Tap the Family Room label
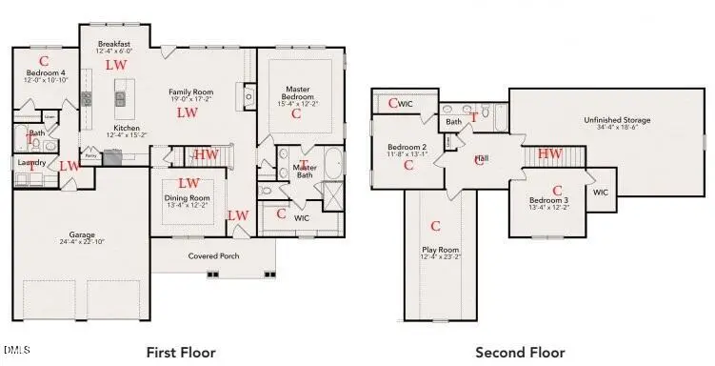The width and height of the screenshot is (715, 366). click(189, 91)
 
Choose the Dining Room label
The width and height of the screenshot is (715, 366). click(188, 198)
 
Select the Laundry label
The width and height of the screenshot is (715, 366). click(32, 163)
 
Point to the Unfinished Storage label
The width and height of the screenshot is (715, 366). click(617, 120)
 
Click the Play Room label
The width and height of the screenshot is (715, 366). click(441, 251)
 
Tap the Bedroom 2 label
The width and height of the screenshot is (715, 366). click(407, 147)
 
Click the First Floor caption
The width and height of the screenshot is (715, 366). click(181, 352)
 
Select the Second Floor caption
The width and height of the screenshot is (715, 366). click(521, 352)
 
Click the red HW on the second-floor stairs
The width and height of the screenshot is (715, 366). click(549, 153)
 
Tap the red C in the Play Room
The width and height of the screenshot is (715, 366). click(435, 226)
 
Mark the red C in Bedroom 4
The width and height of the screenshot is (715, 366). click(44, 59)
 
